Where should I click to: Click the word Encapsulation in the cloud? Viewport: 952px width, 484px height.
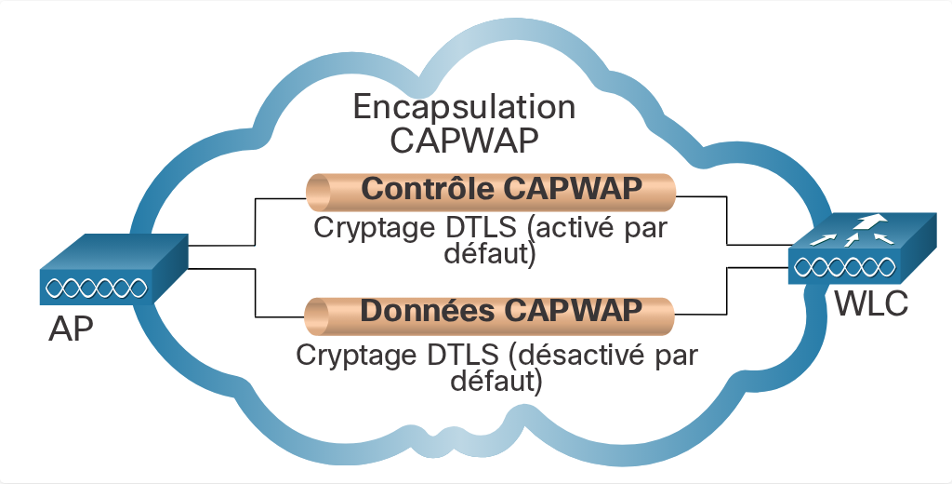tap(465, 108)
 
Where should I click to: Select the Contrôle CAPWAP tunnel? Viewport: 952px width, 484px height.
tap(491, 192)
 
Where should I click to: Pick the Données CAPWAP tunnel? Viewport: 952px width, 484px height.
tap(489, 315)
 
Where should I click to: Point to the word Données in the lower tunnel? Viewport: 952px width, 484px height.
tap(428, 311)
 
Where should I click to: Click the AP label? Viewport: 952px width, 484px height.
tap(71, 330)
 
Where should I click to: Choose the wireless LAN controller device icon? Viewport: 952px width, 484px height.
tap(862, 248)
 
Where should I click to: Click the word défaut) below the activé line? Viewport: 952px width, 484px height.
tap(491, 253)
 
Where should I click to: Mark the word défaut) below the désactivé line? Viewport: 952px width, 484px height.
tap(496, 381)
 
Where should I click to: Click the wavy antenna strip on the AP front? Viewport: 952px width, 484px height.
tap(97, 288)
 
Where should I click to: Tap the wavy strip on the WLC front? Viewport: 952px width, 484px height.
tap(844, 267)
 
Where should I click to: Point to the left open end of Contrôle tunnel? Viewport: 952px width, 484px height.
tap(318, 193)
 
